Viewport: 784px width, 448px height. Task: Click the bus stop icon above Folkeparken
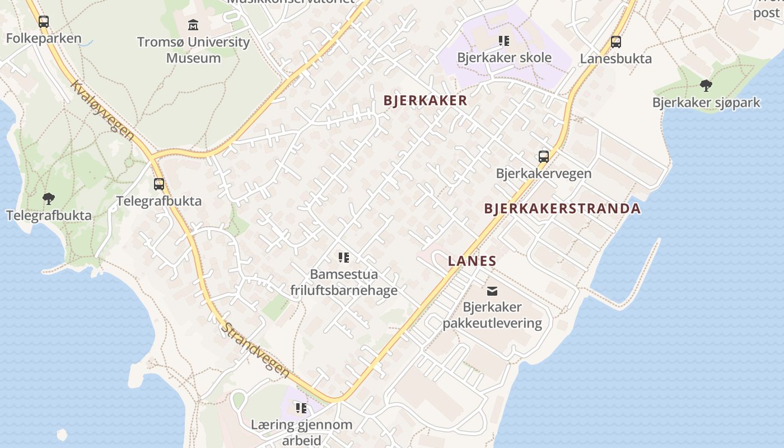pyautogui.click(x=44, y=22)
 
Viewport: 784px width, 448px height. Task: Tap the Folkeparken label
pyautogui.click(x=44, y=39)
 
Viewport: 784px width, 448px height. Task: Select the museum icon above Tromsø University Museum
pyautogui.click(x=193, y=25)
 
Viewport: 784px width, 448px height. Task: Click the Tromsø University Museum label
pyautogui.click(x=193, y=50)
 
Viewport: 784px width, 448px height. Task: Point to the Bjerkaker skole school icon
pyautogui.click(x=504, y=40)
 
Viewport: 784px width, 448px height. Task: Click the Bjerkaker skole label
pyautogui.click(x=504, y=58)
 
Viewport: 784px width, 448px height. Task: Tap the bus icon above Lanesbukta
pyautogui.click(x=616, y=41)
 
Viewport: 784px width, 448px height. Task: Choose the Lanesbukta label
pyautogui.click(x=616, y=59)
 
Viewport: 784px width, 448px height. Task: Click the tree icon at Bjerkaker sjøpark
pyautogui.click(x=706, y=86)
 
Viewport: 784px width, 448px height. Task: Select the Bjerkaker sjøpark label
pyautogui.click(x=706, y=102)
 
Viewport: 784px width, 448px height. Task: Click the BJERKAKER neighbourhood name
pyautogui.click(x=425, y=101)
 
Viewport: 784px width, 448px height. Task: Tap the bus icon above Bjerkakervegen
pyautogui.click(x=544, y=156)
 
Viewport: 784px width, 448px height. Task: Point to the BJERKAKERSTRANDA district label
pyautogui.click(x=562, y=209)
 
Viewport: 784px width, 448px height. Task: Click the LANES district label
pyautogui.click(x=472, y=261)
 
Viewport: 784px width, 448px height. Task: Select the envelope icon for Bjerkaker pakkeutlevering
pyautogui.click(x=492, y=291)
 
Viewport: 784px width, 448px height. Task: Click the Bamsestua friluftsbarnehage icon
pyautogui.click(x=344, y=258)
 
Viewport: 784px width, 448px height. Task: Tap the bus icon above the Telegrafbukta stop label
pyautogui.click(x=159, y=184)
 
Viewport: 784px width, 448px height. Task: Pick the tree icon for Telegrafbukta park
pyautogui.click(x=49, y=198)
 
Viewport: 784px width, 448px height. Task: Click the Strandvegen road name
pyautogui.click(x=255, y=350)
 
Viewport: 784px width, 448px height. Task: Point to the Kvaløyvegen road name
pyautogui.click(x=103, y=110)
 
